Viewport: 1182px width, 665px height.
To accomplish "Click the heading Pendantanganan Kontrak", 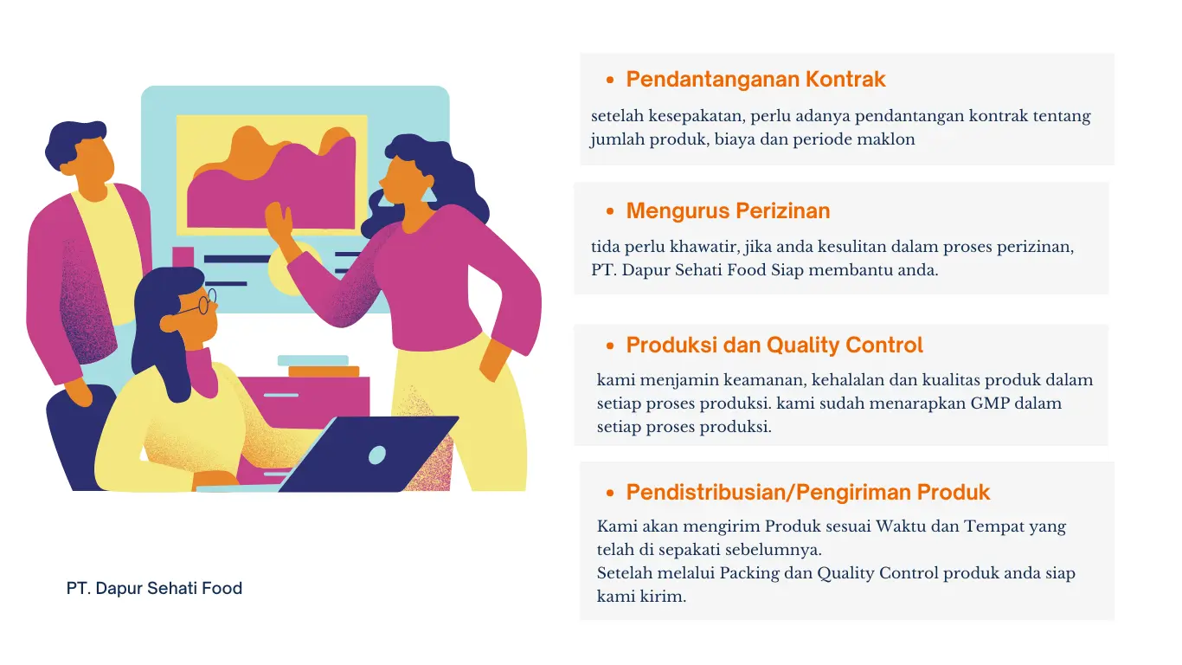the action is click(x=755, y=80).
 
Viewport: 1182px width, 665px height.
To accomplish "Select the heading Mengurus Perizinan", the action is click(x=728, y=210).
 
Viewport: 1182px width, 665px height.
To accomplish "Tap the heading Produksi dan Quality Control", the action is click(x=774, y=345).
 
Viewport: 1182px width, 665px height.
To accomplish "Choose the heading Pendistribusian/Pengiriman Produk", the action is click(x=808, y=493).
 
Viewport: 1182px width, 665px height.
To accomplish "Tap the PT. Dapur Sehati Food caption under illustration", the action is click(x=154, y=588).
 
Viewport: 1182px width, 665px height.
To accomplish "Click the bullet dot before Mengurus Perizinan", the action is click(x=610, y=211).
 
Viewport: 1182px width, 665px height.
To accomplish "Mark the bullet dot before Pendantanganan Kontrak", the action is click(x=610, y=81).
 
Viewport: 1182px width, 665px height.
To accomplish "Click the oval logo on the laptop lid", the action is click(x=376, y=455).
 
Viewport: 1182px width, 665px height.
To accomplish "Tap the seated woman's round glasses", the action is click(x=203, y=303).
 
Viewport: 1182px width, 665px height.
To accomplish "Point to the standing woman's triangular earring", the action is click(x=428, y=194).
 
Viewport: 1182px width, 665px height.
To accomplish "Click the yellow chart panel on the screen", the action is click(x=272, y=175).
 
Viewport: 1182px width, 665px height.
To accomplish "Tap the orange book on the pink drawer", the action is click(x=324, y=371).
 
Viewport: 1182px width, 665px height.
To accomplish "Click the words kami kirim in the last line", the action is click(x=641, y=597).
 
